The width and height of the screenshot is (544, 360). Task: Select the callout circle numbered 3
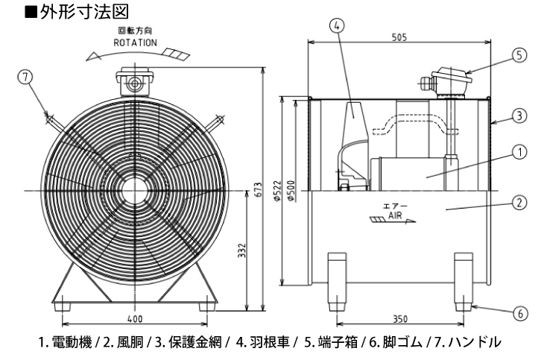tap(519, 116)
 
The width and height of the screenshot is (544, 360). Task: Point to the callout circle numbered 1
tap(519, 152)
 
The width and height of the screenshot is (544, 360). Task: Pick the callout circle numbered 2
tap(519, 201)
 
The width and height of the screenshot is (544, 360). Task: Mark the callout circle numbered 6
tap(519, 314)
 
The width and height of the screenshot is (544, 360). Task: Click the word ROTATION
tap(135, 43)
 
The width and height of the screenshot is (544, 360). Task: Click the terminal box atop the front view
tap(135, 82)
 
